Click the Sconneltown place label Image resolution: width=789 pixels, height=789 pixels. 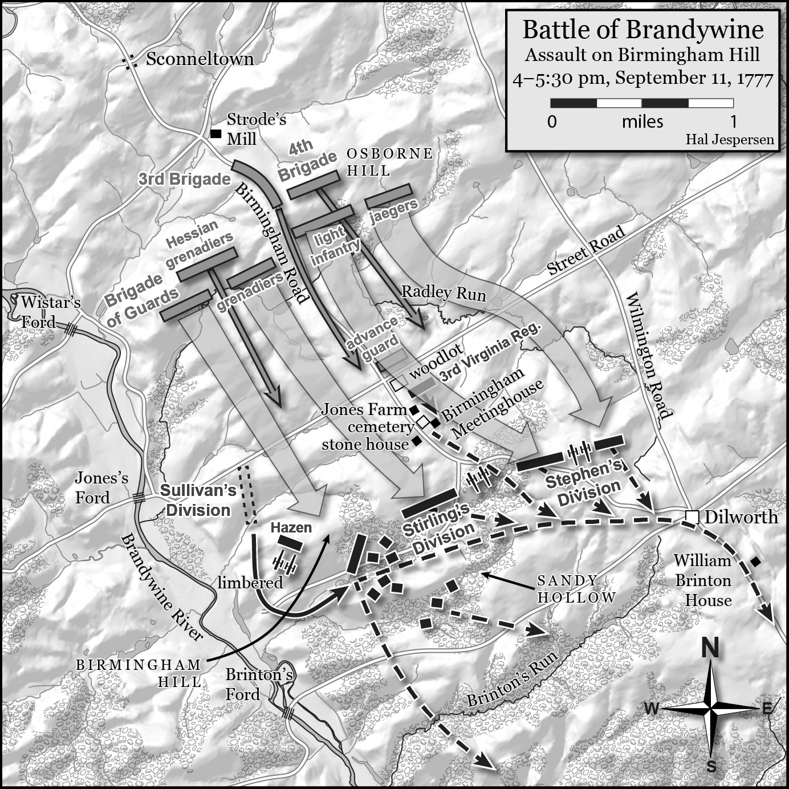200,59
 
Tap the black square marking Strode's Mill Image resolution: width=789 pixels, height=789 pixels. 215,134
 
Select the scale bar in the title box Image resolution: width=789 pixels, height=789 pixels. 642,103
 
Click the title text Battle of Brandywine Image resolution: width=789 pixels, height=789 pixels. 642,30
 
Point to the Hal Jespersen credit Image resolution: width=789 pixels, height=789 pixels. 730,140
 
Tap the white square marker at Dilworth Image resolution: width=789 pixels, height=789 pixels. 692,516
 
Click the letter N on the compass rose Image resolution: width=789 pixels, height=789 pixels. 710,649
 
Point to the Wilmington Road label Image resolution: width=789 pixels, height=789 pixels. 649,356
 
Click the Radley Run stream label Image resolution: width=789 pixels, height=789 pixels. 444,293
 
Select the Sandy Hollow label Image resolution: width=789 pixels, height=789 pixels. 576,589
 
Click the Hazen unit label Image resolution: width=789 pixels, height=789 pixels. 291,527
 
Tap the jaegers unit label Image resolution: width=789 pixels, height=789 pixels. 394,212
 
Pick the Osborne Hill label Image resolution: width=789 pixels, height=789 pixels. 390,162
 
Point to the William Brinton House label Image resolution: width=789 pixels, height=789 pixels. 703,580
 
